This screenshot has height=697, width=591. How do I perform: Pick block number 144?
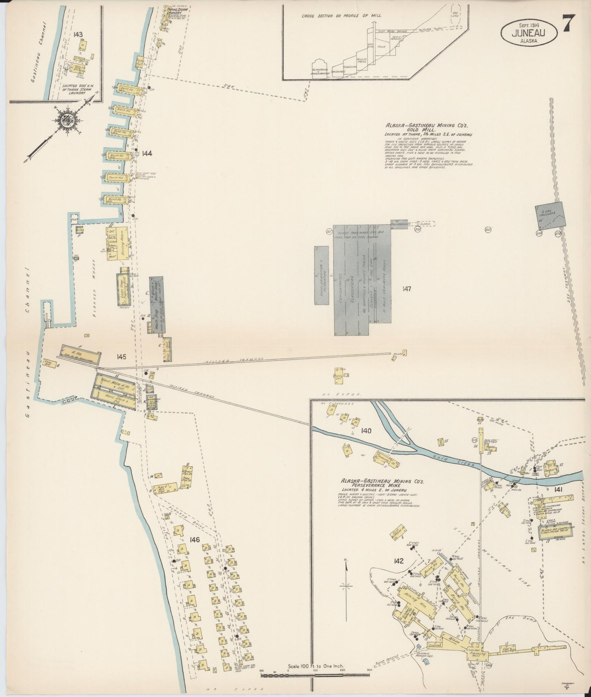[x=147, y=153]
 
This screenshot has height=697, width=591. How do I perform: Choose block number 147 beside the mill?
[x=406, y=289]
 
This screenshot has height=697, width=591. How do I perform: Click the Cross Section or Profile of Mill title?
[x=341, y=16]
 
